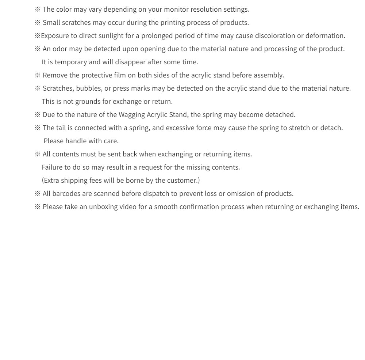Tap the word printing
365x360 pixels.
coord(161,23)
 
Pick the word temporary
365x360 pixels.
coord(70,62)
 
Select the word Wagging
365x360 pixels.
coord(132,115)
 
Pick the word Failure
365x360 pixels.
coord(52,167)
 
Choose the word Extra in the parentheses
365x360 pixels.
coord(51,181)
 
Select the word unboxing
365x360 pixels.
coord(103,207)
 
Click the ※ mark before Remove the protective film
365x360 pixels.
coord(38,75)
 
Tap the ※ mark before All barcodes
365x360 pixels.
coord(38,194)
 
